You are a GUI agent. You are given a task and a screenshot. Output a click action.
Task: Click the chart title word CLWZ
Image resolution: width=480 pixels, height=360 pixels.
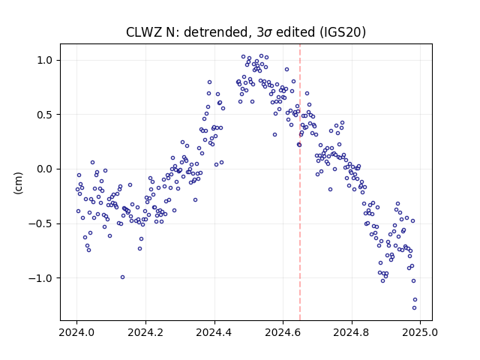click(144, 32)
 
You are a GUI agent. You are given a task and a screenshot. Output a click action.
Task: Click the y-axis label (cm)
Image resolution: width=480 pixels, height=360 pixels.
click(18, 183)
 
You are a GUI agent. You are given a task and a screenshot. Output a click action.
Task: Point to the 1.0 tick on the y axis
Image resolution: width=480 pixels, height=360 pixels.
click(45, 60)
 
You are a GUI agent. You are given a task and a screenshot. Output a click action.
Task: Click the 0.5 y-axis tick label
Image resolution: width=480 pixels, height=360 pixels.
click(45, 115)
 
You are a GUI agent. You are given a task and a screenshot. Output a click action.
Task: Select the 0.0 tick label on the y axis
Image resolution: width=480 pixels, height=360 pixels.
click(45, 169)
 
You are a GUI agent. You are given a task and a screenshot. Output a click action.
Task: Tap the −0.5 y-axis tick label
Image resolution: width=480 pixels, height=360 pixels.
click(40, 223)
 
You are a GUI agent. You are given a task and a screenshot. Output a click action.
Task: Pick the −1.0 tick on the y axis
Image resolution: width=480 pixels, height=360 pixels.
click(40, 278)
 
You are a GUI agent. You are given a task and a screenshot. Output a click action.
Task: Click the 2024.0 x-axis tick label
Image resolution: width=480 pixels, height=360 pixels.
click(76, 332)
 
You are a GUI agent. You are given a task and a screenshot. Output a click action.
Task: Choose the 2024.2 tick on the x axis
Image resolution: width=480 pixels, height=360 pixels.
click(145, 332)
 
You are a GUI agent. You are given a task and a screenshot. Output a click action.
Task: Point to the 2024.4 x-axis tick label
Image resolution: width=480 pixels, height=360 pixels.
click(214, 332)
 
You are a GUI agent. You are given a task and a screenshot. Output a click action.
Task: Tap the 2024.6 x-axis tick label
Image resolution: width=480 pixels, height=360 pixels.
click(283, 332)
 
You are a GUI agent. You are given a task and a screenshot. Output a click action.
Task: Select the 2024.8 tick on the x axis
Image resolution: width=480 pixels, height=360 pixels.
click(352, 332)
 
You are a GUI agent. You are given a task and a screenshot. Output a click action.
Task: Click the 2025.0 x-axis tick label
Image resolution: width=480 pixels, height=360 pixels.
click(420, 332)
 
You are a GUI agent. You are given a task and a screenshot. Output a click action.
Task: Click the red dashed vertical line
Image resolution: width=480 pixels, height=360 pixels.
click(300, 182)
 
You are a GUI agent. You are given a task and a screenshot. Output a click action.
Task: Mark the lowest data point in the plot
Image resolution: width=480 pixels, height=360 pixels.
click(414, 307)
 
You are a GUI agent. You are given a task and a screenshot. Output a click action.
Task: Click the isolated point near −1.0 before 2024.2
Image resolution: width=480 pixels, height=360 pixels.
click(122, 277)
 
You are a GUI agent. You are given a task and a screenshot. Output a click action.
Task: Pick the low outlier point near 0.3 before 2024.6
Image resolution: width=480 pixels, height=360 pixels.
click(275, 135)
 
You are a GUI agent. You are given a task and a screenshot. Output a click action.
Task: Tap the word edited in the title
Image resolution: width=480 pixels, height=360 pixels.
click(295, 32)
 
